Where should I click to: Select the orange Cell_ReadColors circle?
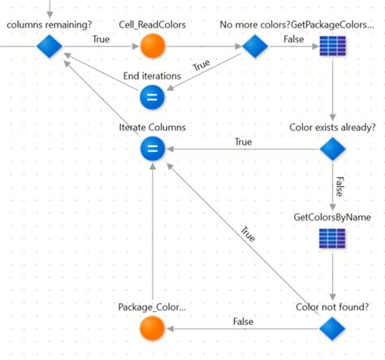(x=153, y=47)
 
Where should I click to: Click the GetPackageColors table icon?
(x=332, y=47)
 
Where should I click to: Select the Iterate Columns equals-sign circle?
(x=153, y=149)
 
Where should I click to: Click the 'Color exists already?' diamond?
(x=332, y=149)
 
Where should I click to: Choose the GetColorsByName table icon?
(x=332, y=239)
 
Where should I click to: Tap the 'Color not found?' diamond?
(x=332, y=328)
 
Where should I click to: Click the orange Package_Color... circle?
(x=153, y=328)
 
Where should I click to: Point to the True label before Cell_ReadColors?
(x=101, y=38)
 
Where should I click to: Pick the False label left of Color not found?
(x=243, y=322)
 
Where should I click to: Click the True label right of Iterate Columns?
(x=243, y=141)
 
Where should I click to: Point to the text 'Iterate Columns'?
(x=153, y=128)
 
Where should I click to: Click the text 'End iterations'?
(x=153, y=76)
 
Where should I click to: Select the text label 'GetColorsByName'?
(x=331, y=218)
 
